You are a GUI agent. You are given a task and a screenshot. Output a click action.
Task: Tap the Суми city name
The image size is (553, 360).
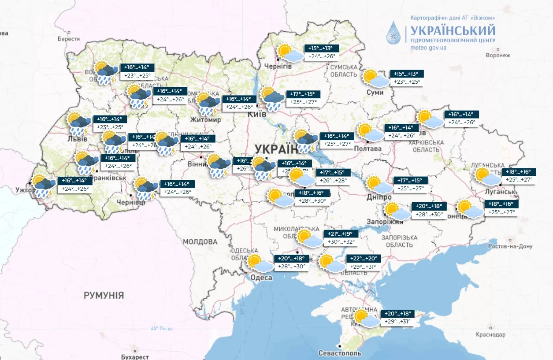[374, 93]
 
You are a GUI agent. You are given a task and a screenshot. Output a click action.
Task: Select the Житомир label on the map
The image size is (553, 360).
[205, 120]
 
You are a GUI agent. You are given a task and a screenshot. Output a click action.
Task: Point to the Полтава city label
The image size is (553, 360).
[368, 148]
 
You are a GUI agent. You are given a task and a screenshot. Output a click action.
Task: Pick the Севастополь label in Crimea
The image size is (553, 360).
[340, 353]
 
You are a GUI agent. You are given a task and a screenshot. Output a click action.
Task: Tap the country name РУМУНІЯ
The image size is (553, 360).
[104, 295]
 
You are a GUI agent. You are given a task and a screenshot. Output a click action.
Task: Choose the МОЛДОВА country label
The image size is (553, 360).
[200, 242]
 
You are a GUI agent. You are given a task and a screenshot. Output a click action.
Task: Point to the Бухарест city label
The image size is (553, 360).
[134, 357]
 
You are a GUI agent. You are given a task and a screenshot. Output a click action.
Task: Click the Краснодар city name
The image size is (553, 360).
[490, 335]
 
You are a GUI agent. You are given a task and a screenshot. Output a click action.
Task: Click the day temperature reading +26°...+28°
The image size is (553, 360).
[333, 180]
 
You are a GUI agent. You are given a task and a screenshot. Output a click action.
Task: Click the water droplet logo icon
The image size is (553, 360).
[395, 33]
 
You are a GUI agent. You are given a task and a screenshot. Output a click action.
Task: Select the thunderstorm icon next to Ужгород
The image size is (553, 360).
[44, 186]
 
